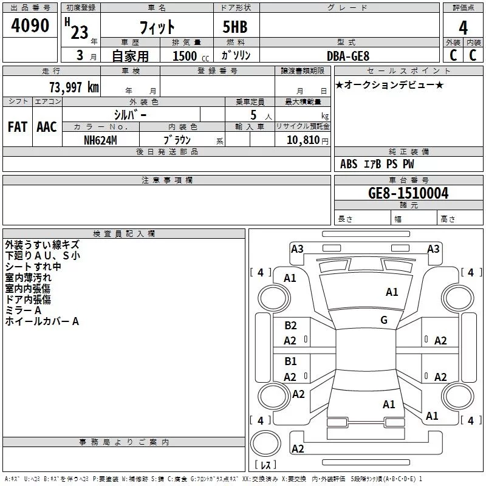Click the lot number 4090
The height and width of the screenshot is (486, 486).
click(30, 26)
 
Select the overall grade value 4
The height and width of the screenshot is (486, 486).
click(464, 28)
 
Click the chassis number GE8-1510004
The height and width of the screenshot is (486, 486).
click(408, 193)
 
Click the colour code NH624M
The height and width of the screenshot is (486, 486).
click(100, 140)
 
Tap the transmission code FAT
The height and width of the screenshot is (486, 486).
click(18, 127)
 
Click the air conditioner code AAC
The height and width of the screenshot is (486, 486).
click(47, 127)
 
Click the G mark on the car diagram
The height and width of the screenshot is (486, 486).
click(384, 320)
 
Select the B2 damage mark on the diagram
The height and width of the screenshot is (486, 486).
click(290, 326)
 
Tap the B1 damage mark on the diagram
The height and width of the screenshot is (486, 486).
click(290, 361)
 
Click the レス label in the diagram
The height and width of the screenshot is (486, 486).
click(265, 465)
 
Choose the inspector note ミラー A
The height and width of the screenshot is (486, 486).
click(23, 310)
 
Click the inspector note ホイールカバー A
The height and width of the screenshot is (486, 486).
click(42, 321)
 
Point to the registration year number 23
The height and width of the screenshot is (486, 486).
click(79, 32)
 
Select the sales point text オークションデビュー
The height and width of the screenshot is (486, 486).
click(389, 84)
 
